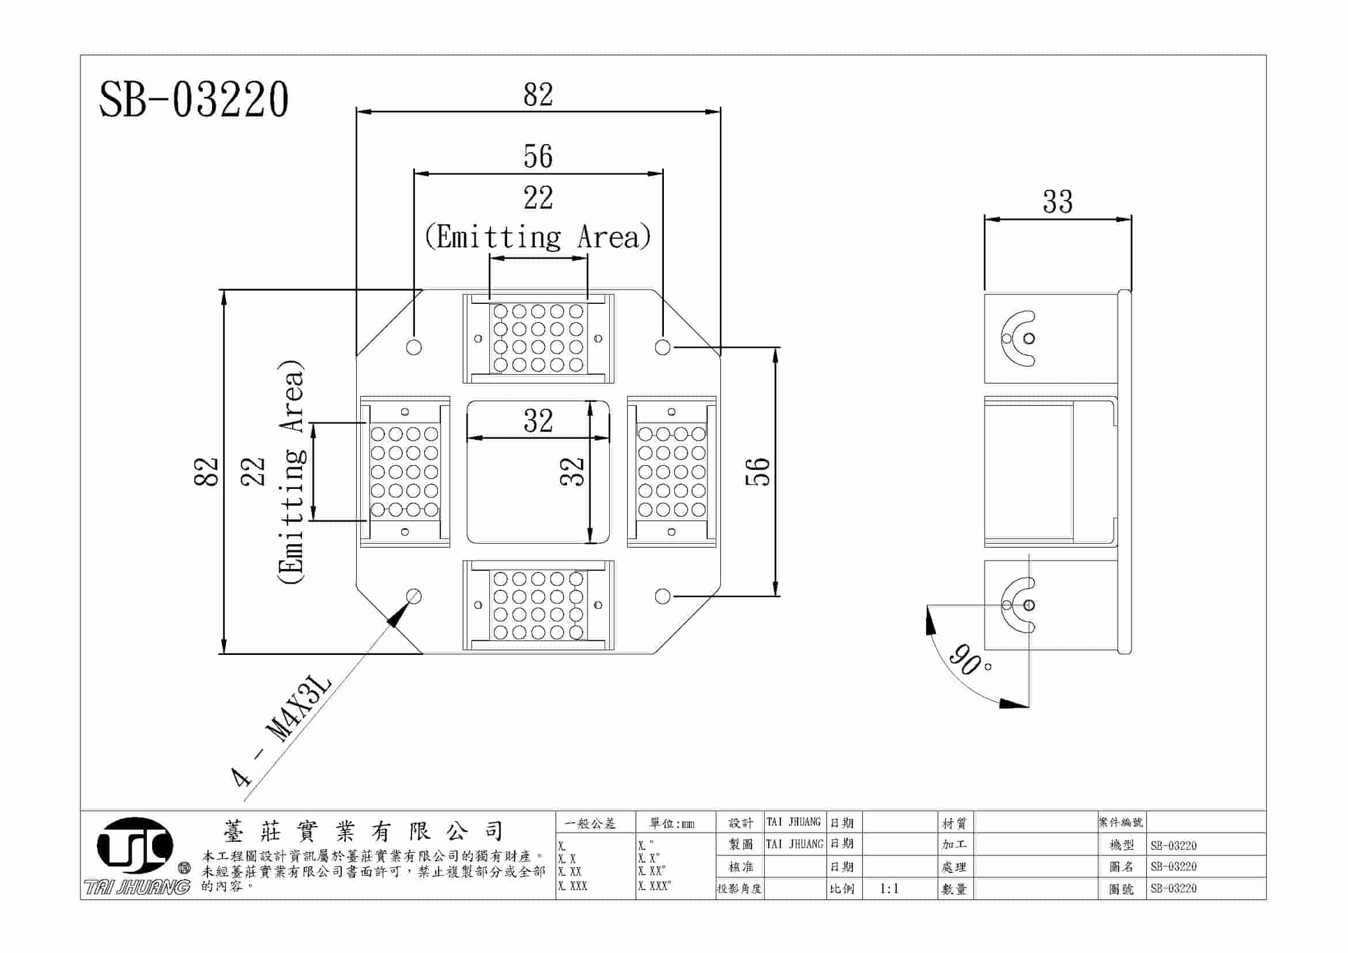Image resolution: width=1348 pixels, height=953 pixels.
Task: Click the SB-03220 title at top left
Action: (x=194, y=100)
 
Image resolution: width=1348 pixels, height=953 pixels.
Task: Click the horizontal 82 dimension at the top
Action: (x=538, y=95)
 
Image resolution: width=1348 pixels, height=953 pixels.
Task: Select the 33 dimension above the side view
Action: (x=1058, y=202)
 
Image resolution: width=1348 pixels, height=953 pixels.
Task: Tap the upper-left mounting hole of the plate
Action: (x=414, y=347)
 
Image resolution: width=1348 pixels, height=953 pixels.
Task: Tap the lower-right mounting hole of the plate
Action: (x=662, y=597)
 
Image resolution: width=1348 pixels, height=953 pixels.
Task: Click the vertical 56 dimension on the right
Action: (x=758, y=472)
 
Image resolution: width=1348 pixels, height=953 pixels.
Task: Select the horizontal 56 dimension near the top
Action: (x=538, y=157)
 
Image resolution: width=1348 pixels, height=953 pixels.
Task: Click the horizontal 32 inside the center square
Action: (x=538, y=421)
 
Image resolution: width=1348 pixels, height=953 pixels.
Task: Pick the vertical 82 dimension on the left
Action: (x=206, y=472)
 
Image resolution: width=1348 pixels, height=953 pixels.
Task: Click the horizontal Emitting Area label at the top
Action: (x=538, y=237)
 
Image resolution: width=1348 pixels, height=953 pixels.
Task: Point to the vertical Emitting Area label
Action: (x=291, y=472)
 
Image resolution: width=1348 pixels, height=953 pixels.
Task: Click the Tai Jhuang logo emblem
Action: (x=135, y=845)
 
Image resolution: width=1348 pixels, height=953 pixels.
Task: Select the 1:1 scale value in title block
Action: (x=889, y=889)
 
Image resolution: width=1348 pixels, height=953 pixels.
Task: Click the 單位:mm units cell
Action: (x=672, y=824)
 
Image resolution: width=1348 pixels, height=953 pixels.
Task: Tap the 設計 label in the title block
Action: (x=741, y=823)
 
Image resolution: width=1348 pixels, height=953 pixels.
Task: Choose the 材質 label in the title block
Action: (x=954, y=824)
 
